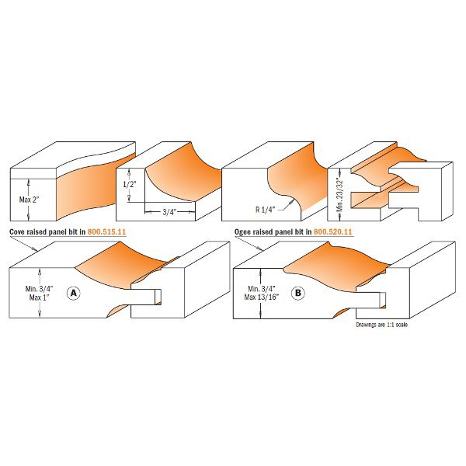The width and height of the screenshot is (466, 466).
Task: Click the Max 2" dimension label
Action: (x=30, y=200)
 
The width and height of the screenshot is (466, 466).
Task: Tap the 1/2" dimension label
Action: (x=130, y=184)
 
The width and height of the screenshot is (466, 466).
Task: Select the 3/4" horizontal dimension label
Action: (x=169, y=212)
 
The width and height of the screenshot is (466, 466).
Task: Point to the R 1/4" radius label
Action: (x=266, y=210)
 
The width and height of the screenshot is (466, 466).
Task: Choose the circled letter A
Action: (x=74, y=293)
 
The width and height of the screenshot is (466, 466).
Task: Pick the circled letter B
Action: (x=297, y=293)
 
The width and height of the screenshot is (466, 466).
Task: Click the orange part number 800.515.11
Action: (x=106, y=231)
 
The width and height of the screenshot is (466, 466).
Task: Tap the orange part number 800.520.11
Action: (x=333, y=231)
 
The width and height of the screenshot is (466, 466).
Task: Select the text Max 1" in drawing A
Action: (x=40, y=297)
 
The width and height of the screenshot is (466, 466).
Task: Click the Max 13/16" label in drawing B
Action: (x=262, y=297)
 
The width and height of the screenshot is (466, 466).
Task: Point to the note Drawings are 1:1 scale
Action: (x=381, y=325)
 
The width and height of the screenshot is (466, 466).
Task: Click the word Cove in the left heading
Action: (x=17, y=231)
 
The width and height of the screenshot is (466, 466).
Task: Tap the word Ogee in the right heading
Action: (x=242, y=231)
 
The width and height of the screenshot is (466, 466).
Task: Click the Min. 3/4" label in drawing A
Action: (x=40, y=289)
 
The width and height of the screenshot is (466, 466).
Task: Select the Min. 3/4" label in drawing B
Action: (x=262, y=288)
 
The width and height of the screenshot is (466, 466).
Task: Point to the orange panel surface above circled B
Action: (x=336, y=267)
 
